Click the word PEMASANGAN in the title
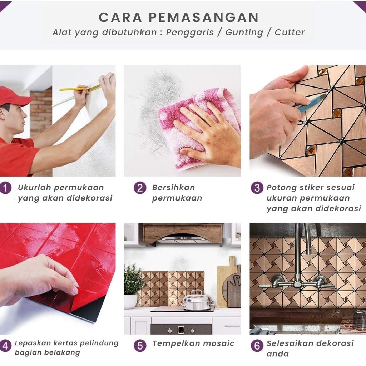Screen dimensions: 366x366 point(203,17)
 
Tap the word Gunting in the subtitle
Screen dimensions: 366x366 point(244,33)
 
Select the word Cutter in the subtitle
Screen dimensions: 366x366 point(290,32)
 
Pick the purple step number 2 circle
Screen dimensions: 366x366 point(140,188)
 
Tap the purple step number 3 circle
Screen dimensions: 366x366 point(257,188)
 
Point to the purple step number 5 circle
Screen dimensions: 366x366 point(140,346)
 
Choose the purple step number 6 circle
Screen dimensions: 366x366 point(257,346)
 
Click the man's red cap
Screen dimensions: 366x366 point(14,96)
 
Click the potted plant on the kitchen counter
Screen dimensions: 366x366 point(132,286)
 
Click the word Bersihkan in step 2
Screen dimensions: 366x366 point(173,187)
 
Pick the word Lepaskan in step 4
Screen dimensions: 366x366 point(33,343)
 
